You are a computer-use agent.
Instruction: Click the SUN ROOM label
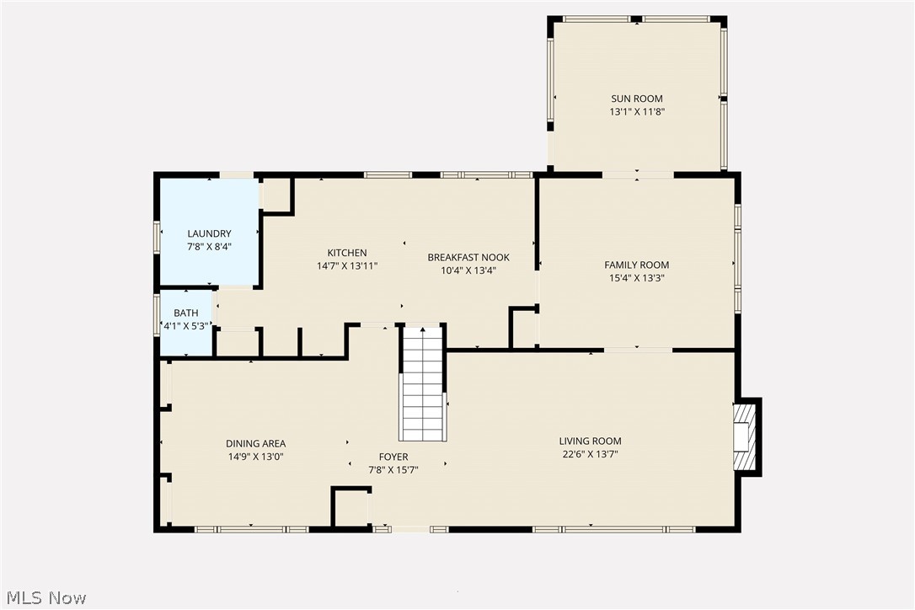637,99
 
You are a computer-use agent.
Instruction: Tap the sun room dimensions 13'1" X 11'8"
637,111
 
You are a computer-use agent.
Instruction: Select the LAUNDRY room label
209,234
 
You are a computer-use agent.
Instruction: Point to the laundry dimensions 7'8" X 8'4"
209,247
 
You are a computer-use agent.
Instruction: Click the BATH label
186,313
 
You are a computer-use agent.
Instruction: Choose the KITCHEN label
347,253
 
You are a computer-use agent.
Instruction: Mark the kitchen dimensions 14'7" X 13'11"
347,265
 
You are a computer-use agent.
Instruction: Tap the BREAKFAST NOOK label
468,258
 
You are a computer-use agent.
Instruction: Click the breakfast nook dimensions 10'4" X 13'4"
468,270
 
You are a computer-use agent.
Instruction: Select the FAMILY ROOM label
637,265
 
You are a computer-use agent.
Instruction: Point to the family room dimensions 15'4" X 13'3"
637,277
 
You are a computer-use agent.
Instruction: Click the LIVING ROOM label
590,441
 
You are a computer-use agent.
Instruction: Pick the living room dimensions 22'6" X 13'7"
590,453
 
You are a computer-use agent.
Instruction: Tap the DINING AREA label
255,444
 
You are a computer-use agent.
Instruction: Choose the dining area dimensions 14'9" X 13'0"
255,457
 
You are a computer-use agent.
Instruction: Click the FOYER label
393,457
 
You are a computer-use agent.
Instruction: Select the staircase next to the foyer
422,383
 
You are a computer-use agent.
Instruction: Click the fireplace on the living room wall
746,436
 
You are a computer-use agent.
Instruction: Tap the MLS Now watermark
44,598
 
